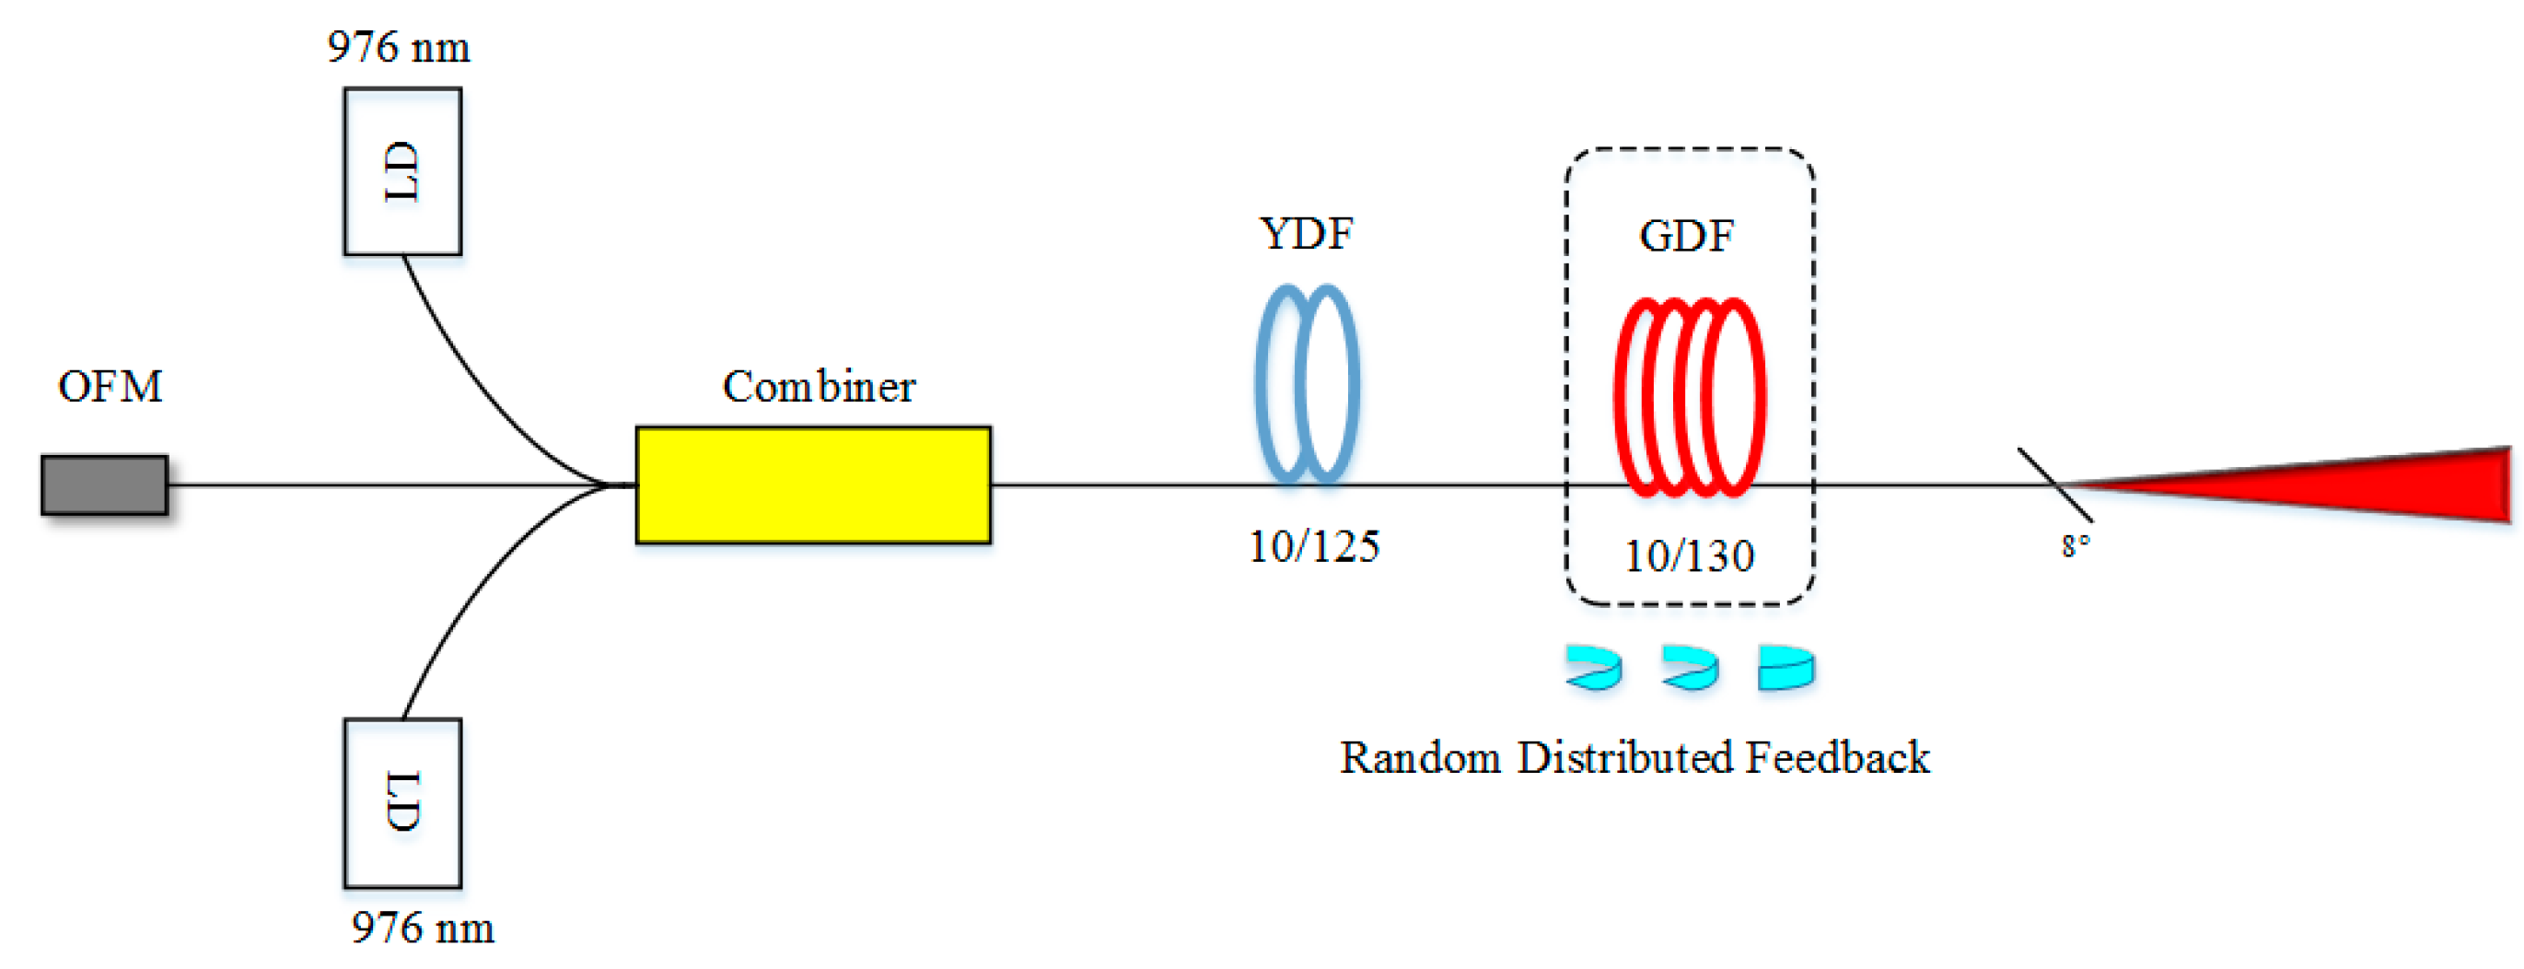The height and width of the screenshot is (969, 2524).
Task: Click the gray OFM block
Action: pos(104,484)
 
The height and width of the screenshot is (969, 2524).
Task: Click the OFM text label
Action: pos(110,387)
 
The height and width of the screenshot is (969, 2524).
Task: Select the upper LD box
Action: pos(402,171)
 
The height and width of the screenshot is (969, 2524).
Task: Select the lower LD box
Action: pos(402,802)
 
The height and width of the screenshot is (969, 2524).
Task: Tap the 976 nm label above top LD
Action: pos(398,48)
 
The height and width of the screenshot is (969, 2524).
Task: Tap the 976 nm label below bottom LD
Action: pos(423,928)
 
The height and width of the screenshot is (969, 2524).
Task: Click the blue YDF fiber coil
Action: pos(1306,384)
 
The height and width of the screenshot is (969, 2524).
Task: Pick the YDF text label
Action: pos(1306,234)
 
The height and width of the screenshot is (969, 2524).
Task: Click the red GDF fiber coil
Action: pos(1688,397)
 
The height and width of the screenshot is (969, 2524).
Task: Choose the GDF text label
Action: pos(1686,236)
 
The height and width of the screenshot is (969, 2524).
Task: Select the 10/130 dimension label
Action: pos(1688,556)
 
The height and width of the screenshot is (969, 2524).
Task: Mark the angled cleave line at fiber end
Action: pos(2053,484)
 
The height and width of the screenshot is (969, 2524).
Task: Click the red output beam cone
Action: pos(2352,484)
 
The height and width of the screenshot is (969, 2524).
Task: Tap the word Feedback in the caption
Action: pos(1837,758)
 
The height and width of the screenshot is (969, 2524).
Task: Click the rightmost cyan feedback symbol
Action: pos(1785,668)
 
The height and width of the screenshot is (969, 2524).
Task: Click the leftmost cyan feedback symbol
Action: pos(1593,668)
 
